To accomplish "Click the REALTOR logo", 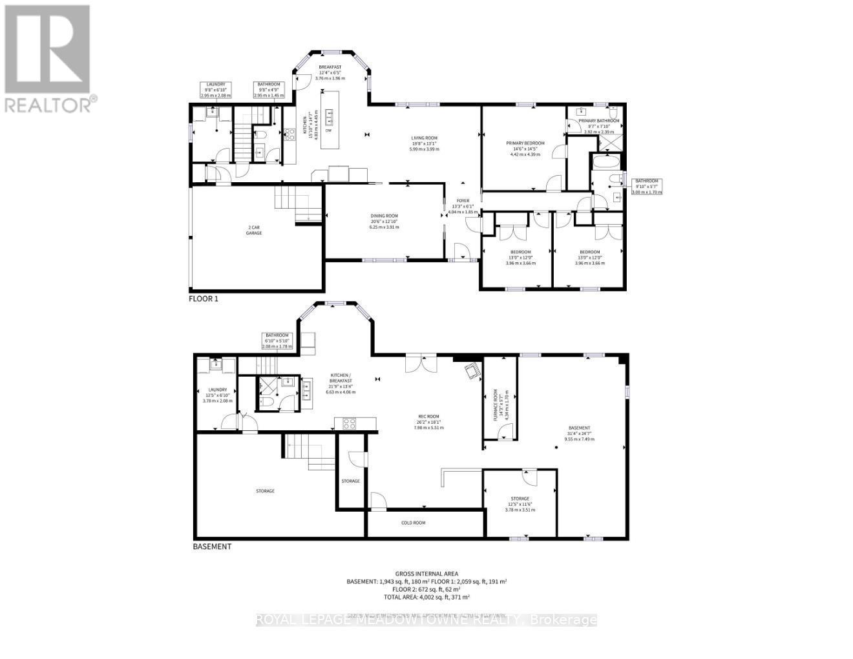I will (48, 58).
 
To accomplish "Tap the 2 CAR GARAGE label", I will (253, 230).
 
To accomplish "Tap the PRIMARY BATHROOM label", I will (599, 121).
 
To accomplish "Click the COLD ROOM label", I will (413, 523).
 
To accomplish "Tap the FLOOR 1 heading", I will (204, 298).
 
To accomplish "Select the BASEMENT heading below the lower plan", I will (212, 547).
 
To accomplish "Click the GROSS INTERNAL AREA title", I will (426, 573).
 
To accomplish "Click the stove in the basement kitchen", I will (349, 424).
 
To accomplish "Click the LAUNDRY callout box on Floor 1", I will (216, 90).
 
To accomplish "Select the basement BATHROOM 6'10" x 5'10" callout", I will (277, 340).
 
